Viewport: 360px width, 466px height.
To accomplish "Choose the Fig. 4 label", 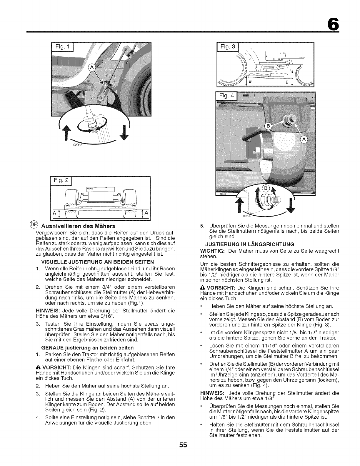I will click(228, 97).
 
